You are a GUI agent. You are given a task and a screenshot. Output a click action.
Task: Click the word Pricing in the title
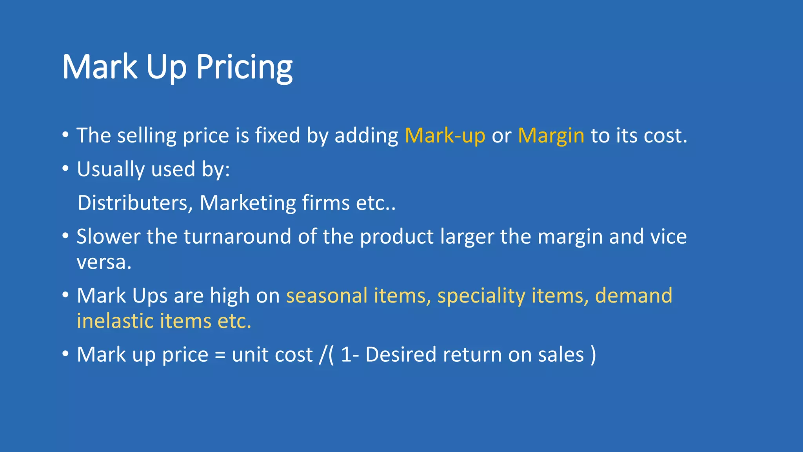(x=244, y=67)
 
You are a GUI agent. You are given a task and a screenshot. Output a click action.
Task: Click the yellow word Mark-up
(x=445, y=136)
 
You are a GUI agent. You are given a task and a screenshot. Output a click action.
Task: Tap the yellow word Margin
(x=551, y=136)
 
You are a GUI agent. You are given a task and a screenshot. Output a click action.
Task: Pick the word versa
(x=104, y=262)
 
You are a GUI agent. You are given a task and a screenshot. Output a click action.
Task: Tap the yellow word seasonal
(x=327, y=295)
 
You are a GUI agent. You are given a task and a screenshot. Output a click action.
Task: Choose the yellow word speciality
(x=481, y=295)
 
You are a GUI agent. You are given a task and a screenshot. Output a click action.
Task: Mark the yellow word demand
(x=634, y=295)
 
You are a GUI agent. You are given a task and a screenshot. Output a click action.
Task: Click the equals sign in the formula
(x=220, y=355)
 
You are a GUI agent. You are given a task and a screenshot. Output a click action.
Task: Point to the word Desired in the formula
(x=401, y=355)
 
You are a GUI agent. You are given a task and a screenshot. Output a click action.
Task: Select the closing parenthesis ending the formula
(x=593, y=355)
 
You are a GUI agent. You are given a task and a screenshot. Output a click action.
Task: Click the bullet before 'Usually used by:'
(x=65, y=169)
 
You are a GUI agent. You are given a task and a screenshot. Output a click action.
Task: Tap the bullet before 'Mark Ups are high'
(x=65, y=295)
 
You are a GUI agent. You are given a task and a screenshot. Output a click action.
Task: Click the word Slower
(x=108, y=237)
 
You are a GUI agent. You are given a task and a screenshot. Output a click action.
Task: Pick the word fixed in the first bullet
(x=278, y=135)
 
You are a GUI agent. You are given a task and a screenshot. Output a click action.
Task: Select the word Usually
(x=111, y=169)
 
